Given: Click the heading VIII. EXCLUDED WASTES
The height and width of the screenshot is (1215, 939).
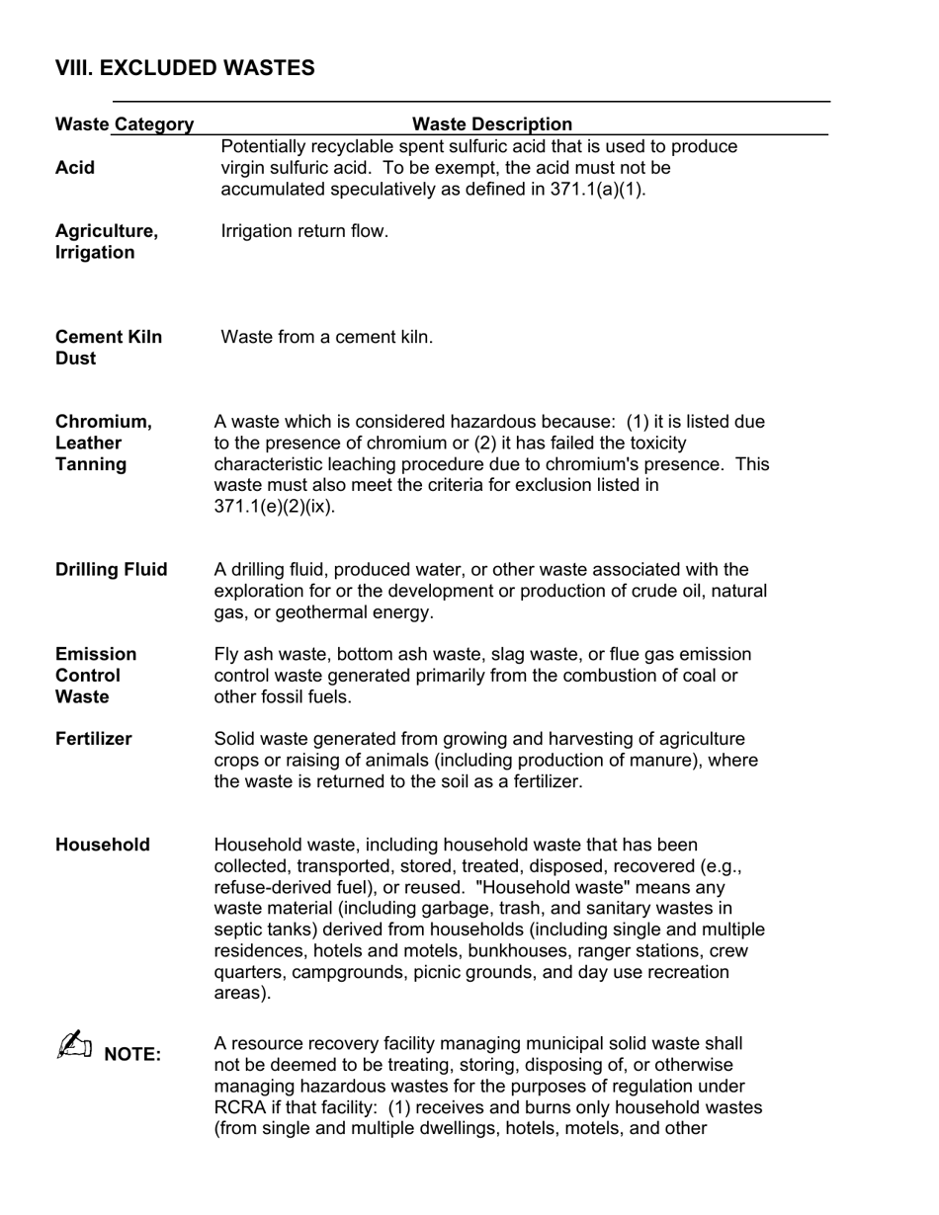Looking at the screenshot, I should click(x=185, y=68).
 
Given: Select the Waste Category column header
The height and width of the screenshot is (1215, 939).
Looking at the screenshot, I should click(x=125, y=124).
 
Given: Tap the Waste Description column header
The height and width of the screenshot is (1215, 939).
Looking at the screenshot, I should click(x=491, y=124).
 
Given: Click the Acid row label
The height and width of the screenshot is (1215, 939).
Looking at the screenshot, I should click(x=75, y=168).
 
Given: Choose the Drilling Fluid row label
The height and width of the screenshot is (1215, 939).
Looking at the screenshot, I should click(x=111, y=570).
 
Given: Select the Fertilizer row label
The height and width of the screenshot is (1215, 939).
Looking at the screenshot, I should click(x=93, y=739).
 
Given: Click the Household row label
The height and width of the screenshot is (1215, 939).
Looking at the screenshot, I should click(x=103, y=845).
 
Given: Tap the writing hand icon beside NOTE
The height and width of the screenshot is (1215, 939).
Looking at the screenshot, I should click(x=74, y=1045).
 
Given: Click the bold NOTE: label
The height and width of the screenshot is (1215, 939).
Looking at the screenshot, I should click(x=131, y=1054).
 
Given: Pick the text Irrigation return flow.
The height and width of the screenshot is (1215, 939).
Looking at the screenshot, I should click(x=304, y=231).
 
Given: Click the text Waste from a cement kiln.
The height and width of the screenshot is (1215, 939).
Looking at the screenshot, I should click(x=326, y=337).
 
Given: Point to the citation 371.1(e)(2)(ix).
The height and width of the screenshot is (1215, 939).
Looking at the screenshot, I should click(x=274, y=507).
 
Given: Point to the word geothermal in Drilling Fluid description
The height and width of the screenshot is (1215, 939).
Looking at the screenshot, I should click(x=301, y=612).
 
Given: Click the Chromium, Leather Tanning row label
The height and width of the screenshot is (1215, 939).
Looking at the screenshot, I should click(x=103, y=443).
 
